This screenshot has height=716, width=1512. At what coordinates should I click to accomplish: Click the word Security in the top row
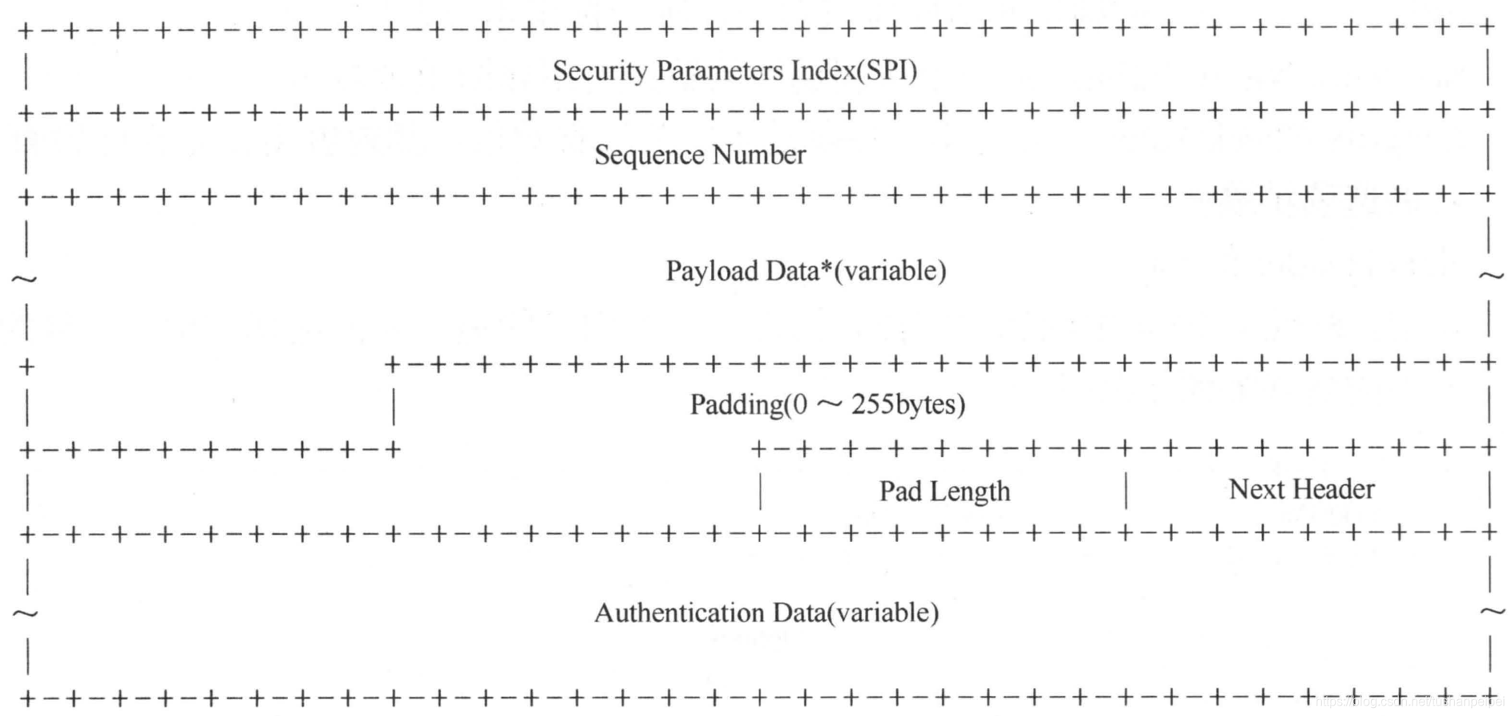coord(600,71)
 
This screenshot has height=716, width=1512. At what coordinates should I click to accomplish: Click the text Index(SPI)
coord(854,71)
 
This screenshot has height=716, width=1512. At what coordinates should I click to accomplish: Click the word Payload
coord(712,272)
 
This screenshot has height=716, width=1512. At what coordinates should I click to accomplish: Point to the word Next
coord(1256,489)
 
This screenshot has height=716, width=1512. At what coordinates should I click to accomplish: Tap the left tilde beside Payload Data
coord(24,279)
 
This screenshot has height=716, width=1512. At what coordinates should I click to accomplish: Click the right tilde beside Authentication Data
coord(1492,613)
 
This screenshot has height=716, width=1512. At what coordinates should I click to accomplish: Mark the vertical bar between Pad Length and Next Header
coord(1126,491)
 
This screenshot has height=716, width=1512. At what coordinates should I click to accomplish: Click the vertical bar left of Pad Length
coord(760,491)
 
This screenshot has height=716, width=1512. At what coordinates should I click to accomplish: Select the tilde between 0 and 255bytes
coord(829,405)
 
